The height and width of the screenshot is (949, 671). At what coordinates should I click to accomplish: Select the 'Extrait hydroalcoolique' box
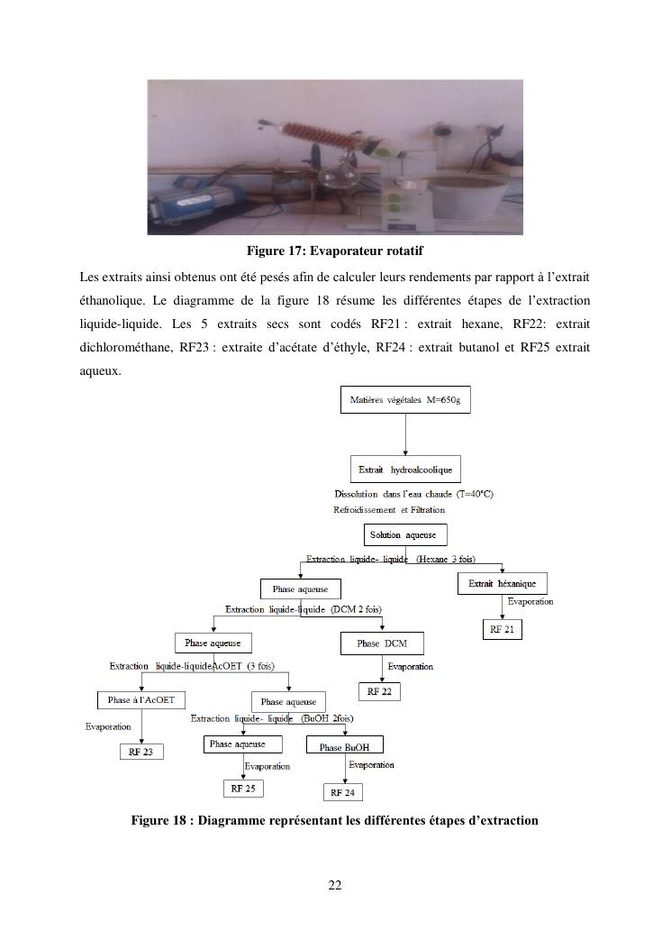(x=404, y=470)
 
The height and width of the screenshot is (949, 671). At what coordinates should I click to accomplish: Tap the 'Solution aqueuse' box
(x=403, y=534)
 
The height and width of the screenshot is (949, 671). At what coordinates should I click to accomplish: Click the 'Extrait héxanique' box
(x=502, y=584)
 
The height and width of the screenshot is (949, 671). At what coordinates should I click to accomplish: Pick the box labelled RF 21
(x=502, y=630)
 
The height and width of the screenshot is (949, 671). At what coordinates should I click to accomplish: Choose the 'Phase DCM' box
(x=381, y=643)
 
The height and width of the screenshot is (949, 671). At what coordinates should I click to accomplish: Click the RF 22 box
(x=379, y=691)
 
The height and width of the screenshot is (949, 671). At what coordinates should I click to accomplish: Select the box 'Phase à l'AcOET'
(x=141, y=700)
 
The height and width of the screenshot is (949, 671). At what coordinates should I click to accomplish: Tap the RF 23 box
(x=141, y=751)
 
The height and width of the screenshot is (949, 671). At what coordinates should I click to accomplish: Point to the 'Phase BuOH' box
(x=344, y=746)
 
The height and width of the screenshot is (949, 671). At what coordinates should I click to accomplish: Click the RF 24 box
(x=342, y=792)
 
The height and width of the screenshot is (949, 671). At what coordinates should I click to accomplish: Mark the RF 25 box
(x=243, y=788)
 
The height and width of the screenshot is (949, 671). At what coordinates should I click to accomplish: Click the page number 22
(x=335, y=885)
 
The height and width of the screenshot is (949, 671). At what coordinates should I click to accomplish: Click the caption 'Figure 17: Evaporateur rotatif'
(x=335, y=250)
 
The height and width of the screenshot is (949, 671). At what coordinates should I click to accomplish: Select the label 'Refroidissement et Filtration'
(x=389, y=510)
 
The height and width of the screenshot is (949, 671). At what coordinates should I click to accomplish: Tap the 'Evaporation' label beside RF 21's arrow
(x=530, y=601)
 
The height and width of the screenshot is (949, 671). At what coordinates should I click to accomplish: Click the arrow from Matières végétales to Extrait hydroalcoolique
(x=405, y=435)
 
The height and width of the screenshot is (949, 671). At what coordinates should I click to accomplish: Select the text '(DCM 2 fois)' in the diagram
(x=356, y=609)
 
